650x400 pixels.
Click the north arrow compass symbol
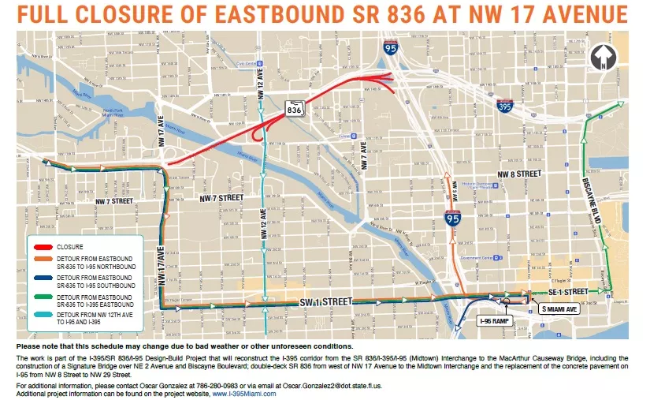(606, 58)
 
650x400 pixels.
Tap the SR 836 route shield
(295, 108)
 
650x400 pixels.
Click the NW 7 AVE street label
(364, 157)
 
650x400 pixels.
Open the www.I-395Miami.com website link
(244, 393)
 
